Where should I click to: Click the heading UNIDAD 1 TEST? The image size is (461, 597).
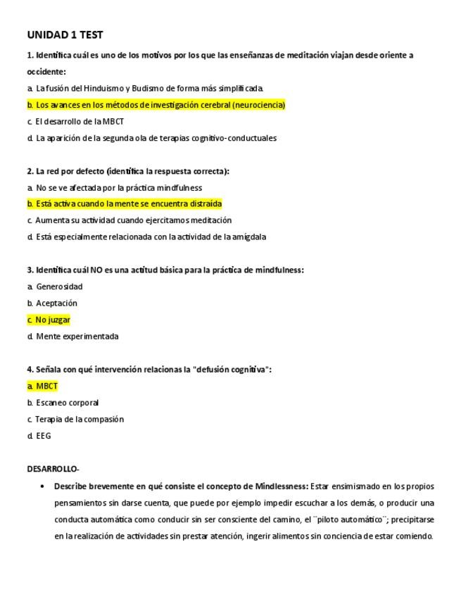(x=65, y=34)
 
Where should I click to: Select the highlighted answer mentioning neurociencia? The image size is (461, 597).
(x=156, y=105)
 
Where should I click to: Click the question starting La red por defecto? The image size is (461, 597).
(x=128, y=171)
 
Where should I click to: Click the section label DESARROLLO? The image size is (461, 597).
(x=53, y=469)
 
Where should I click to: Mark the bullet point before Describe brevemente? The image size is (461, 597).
(x=43, y=486)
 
